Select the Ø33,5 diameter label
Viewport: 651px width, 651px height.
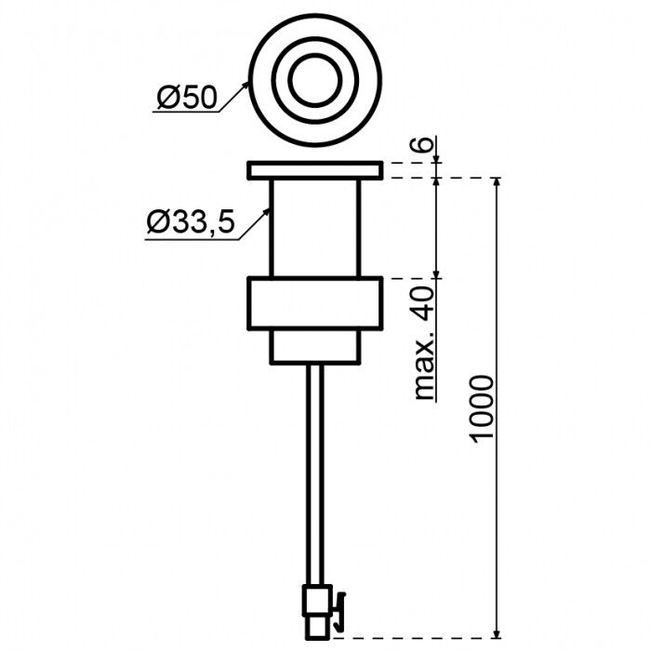(x=190, y=223)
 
